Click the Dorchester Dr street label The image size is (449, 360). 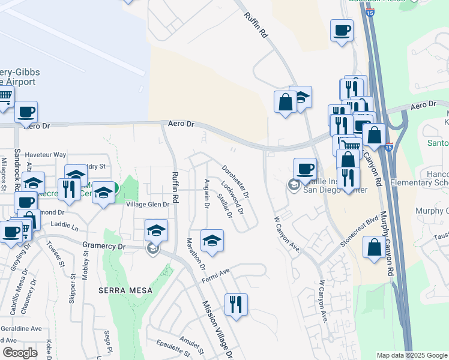coord(235,182)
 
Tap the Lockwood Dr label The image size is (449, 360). coord(232,197)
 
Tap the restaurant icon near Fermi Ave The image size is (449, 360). coord(236,304)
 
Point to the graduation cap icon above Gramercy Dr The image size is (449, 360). coord(155,230)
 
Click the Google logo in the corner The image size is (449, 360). coord(20,353)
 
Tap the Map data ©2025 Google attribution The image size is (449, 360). coord(411,355)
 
